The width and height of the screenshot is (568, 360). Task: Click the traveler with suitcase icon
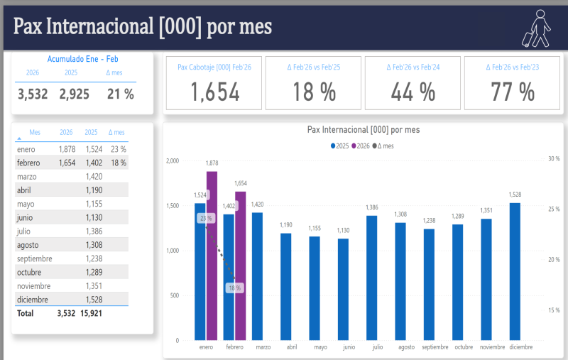click(537, 29)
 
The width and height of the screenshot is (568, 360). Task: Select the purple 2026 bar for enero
click(212, 256)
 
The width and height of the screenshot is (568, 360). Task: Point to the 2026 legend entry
click(361, 146)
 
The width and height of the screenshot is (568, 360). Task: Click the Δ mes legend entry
click(383, 146)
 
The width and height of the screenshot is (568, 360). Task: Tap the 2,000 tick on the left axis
click(172, 161)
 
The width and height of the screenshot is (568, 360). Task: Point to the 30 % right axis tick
click(554, 159)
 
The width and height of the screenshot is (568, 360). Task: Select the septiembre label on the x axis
click(435, 347)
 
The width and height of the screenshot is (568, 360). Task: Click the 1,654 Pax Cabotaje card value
click(214, 92)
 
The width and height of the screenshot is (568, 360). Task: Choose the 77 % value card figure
click(512, 92)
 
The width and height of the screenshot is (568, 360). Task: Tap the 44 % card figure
click(413, 92)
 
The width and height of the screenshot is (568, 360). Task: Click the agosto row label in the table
click(28, 245)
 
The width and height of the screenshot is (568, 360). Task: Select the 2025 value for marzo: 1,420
click(93, 177)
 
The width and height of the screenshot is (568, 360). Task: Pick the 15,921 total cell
click(93, 313)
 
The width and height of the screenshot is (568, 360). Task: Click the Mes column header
click(35, 132)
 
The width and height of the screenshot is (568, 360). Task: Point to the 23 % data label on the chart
click(206, 218)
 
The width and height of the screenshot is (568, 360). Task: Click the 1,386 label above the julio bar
click(371, 207)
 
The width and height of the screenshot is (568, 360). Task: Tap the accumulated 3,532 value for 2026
click(32, 94)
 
